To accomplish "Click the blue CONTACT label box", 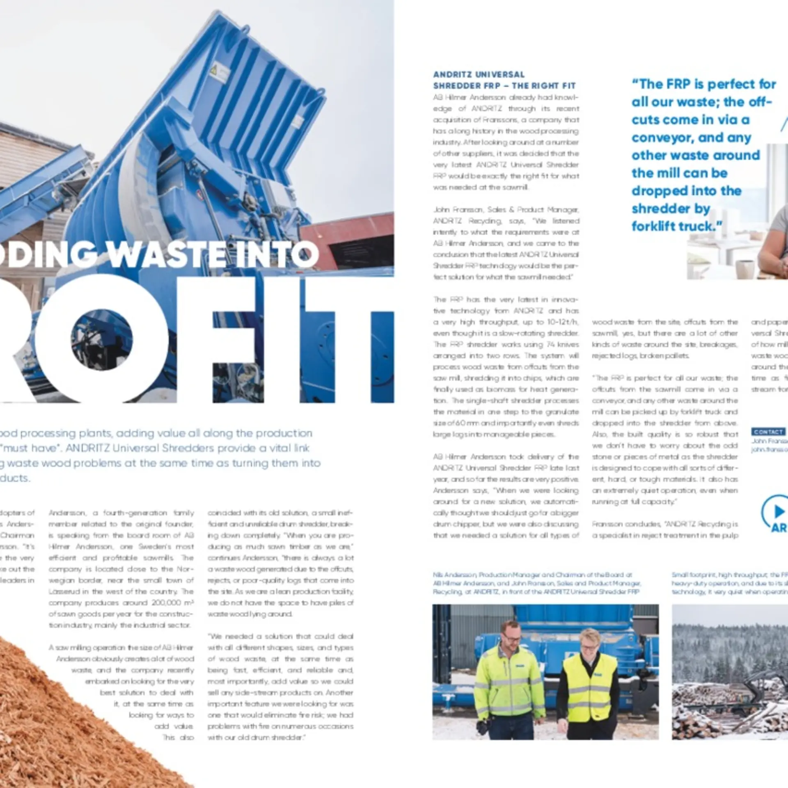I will (768, 432).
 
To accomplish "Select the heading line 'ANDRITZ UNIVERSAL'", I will (479, 75).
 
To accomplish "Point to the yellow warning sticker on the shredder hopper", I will (213, 70).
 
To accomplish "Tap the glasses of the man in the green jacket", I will (511, 637).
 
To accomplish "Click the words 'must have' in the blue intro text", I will (31, 448).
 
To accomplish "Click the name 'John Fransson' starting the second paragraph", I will (458, 210).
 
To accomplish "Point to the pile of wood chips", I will (62, 718).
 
